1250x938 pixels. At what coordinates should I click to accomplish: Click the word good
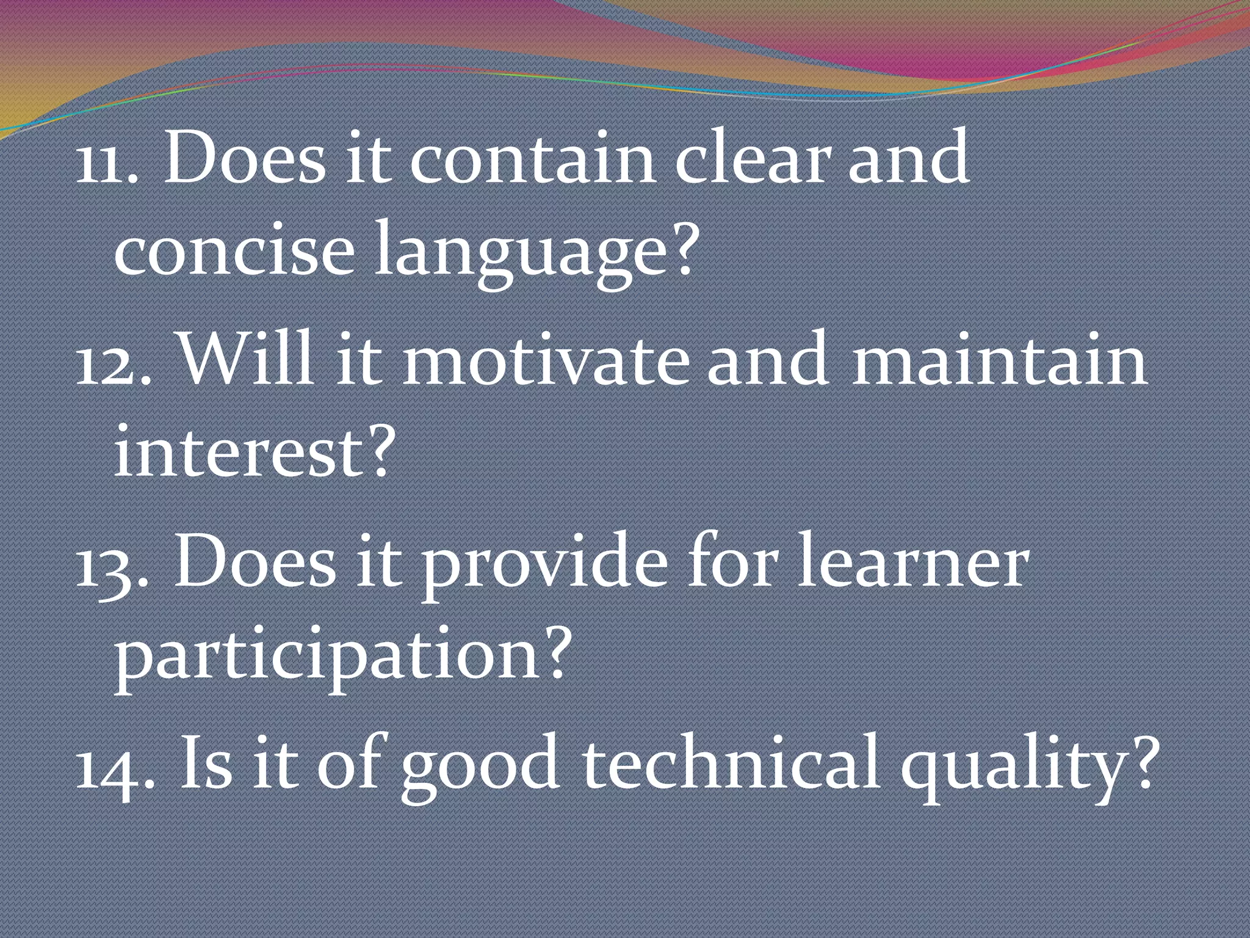pyautogui.click(x=480, y=771)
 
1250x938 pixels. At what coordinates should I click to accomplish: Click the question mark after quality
pyautogui.click(x=1139, y=763)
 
